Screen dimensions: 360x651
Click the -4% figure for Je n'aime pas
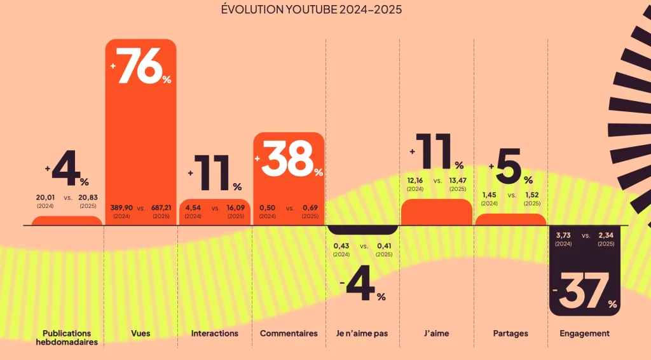click(x=363, y=287)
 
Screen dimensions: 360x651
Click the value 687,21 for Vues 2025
click(x=161, y=208)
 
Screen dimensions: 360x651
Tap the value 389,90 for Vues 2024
click(x=121, y=208)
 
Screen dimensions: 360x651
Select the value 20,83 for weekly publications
click(x=88, y=198)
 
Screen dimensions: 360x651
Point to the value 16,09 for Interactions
click(x=235, y=208)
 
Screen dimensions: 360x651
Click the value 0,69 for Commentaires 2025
click(x=310, y=208)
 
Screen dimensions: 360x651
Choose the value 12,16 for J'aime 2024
click(x=415, y=181)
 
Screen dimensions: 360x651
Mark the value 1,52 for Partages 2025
click(x=532, y=195)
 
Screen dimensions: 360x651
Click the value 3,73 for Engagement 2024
click(x=563, y=236)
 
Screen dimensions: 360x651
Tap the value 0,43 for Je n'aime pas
click(x=342, y=246)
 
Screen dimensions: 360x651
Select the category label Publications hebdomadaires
click(x=67, y=337)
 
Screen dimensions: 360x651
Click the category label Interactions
click(x=215, y=333)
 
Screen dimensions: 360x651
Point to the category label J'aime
click(x=437, y=333)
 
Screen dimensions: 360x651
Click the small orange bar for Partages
click(x=511, y=219)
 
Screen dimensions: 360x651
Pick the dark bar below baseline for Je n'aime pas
click(x=363, y=230)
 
